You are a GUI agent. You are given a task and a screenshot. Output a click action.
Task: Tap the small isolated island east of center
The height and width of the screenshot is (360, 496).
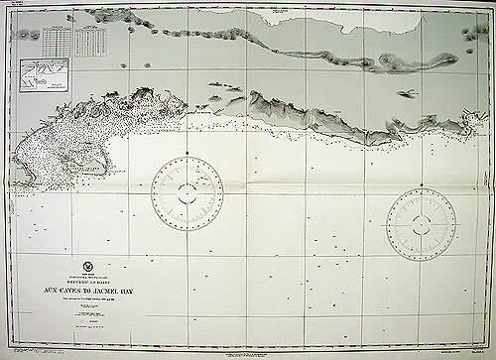(406, 93)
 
